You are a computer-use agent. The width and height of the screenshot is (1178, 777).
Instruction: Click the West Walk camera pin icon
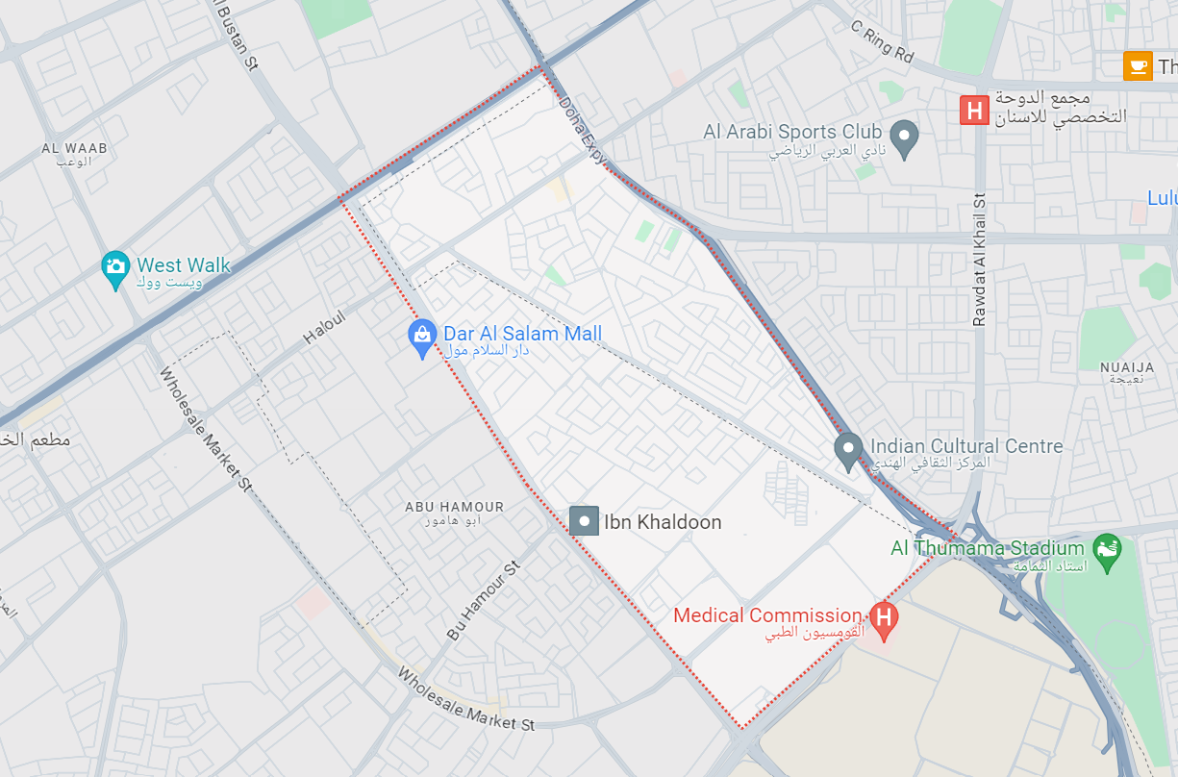[x=115, y=268]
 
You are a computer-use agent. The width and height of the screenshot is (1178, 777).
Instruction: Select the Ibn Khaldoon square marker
[x=584, y=521]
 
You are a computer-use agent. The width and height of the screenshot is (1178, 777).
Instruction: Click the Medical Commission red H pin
[x=883, y=618]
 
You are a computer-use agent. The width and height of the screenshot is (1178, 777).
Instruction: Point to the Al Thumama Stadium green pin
[x=1108, y=552]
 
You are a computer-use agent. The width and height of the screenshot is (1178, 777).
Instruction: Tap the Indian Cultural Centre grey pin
[x=847, y=450]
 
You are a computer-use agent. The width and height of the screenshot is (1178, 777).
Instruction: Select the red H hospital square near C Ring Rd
[x=974, y=110]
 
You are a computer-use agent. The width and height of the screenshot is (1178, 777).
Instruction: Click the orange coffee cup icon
[x=1138, y=66]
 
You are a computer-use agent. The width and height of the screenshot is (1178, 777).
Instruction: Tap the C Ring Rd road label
[x=882, y=41]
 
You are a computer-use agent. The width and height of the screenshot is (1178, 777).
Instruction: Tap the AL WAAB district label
[x=74, y=149]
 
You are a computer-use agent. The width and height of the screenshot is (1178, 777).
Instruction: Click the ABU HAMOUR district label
[x=454, y=507]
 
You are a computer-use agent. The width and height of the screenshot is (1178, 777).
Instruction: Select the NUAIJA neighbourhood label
[x=1127, y=367]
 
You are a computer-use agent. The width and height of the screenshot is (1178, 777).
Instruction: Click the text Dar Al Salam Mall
[x=522, y=334]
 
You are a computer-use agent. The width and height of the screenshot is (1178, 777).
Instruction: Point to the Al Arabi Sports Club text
[x=792, y=132]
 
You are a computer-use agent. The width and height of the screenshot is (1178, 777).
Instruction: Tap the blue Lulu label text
[x=1162, y=198]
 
